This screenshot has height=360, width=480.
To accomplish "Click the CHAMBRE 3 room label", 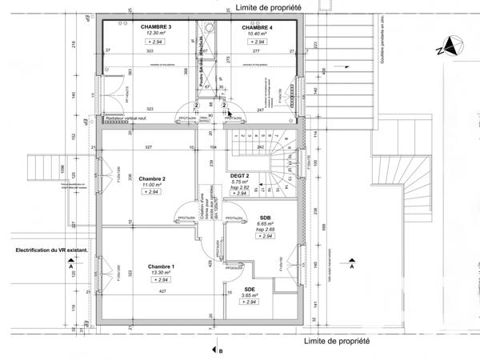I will point(157,27).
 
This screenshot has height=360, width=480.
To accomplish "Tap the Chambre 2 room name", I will point(152,178).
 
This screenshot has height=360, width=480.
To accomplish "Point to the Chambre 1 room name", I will point(162,266).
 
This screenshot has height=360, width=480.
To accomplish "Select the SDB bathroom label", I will point(265,218).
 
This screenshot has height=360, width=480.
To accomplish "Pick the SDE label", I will point(250,288).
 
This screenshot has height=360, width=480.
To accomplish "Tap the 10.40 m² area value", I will point(258,34).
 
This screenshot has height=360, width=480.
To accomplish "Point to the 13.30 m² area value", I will point(162,272).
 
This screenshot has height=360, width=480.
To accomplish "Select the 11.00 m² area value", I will point(152,185).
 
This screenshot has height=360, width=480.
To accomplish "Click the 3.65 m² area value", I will point(250,294).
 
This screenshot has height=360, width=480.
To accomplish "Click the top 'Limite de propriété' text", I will point(268,6).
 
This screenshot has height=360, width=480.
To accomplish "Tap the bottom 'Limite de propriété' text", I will point(337,340).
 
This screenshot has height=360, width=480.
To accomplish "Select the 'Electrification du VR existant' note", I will point(49,251).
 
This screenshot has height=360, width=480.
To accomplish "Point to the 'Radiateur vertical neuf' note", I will point(132,118).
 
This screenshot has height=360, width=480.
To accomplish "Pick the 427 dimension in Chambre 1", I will point(162,292).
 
